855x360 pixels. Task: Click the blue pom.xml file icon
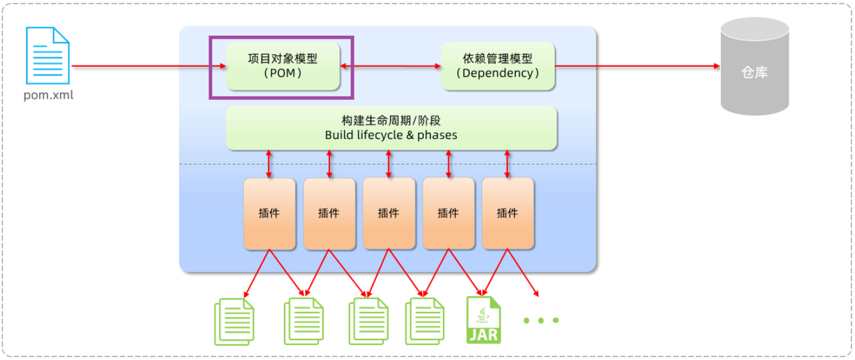click(x=49, y=55)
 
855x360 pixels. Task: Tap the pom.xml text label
click(x=48, y=95)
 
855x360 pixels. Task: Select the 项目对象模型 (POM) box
click(x=283, y=66)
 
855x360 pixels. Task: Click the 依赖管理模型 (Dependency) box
click(x=498, y=66)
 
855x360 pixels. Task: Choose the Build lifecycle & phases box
click(x=391, y=128)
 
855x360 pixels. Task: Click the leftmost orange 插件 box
click(x=269, y=213)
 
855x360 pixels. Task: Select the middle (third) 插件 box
click(x=389, y=213)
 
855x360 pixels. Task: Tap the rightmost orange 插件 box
click(x=508, y=213)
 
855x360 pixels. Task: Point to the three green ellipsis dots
click(x=541, y=321)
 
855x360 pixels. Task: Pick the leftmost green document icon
click(x=234, y=321)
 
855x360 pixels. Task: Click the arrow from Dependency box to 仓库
click(x=635, y=66)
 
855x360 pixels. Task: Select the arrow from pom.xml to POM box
click(x=147, y=66)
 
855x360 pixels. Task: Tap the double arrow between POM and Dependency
click(x=390, y=66)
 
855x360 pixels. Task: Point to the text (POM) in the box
click(x=283, y=74)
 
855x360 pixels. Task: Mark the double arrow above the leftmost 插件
click(x=269, y=164)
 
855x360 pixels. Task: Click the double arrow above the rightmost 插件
click(x=508, y=164)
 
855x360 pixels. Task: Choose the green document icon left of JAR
click(x=425, y=321)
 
